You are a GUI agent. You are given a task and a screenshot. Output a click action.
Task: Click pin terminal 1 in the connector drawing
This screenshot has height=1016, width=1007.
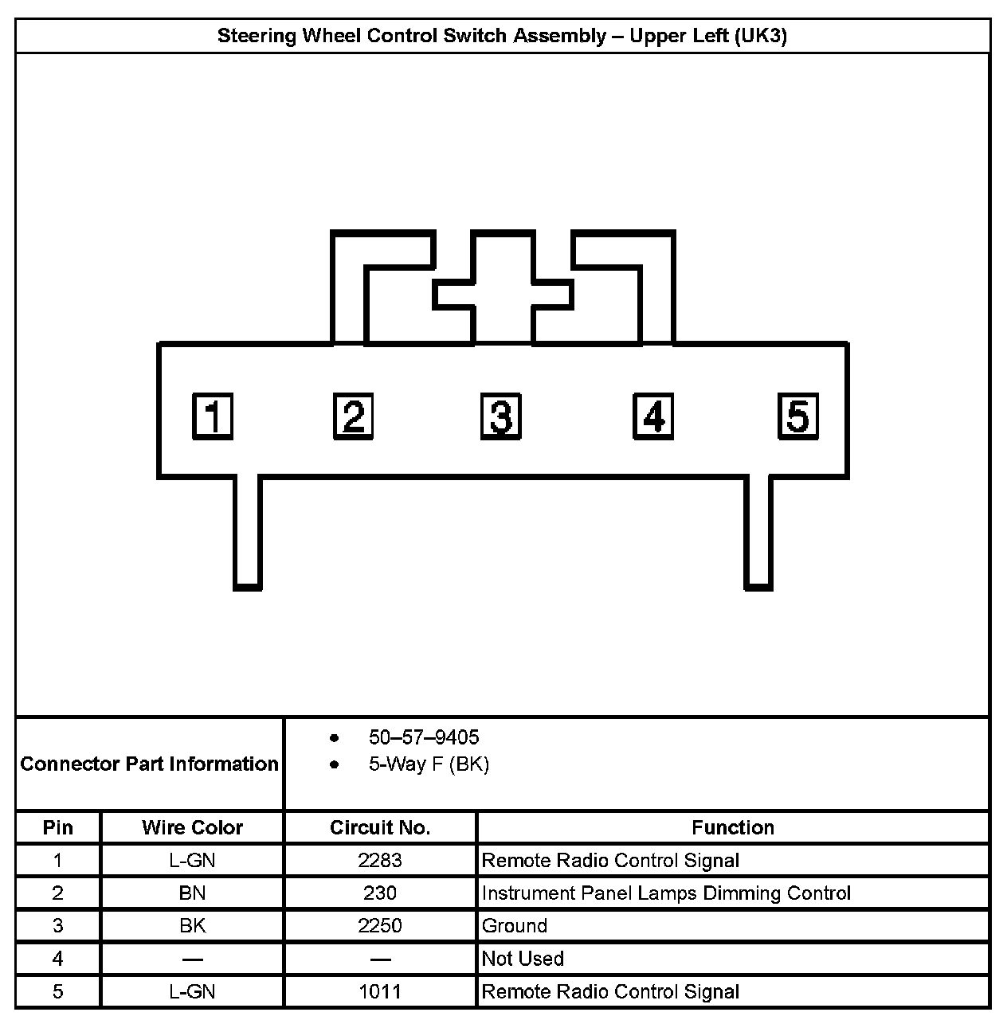[x=213, y=416]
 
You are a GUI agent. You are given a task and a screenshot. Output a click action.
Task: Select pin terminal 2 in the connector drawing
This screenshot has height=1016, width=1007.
[x=353, y=416]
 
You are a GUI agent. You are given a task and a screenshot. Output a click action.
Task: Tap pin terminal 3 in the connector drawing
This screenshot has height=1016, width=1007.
[x=501, y=416]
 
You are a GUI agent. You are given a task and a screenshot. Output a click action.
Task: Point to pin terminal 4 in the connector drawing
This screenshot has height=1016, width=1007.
[x=653, y=416]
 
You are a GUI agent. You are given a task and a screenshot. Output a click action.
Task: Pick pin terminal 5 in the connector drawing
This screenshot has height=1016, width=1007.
[x=798, y=416]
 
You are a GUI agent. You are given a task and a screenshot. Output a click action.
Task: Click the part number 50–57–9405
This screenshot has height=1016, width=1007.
[x=423, y=737]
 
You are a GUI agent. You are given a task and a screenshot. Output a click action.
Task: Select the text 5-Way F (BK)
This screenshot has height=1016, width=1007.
[x=429, y=764]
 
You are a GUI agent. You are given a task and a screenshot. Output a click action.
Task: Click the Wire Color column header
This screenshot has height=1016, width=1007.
[x=192, y=827]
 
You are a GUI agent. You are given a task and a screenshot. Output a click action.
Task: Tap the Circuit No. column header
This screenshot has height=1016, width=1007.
[x=380, y=827]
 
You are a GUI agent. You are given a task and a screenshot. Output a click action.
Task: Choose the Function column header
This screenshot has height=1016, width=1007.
[x=732, y=827]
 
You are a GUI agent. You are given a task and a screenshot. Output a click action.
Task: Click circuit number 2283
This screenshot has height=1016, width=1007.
[x=380, y=861]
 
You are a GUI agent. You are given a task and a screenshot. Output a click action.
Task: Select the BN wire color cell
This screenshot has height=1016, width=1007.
[x=192, y=893]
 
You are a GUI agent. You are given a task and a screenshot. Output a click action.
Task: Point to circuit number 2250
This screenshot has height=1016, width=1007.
[x=380, y=926]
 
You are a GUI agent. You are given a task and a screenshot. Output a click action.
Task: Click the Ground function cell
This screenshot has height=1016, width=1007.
[x=515, y=926]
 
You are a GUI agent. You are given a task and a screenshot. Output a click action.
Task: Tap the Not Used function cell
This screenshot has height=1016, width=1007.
[x=523, y=959]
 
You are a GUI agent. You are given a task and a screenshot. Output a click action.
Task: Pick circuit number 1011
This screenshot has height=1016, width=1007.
[x=380, y=992]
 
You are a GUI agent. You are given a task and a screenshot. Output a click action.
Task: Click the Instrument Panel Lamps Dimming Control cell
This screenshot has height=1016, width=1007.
[x=666, y=893]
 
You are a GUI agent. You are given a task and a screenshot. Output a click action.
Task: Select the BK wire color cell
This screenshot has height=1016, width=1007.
[x=192, y=926]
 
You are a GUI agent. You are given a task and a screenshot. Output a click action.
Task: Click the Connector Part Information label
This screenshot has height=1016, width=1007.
[x=150, y=764]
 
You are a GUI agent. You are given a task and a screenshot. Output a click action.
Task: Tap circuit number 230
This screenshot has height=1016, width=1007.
[x=380, y=893]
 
